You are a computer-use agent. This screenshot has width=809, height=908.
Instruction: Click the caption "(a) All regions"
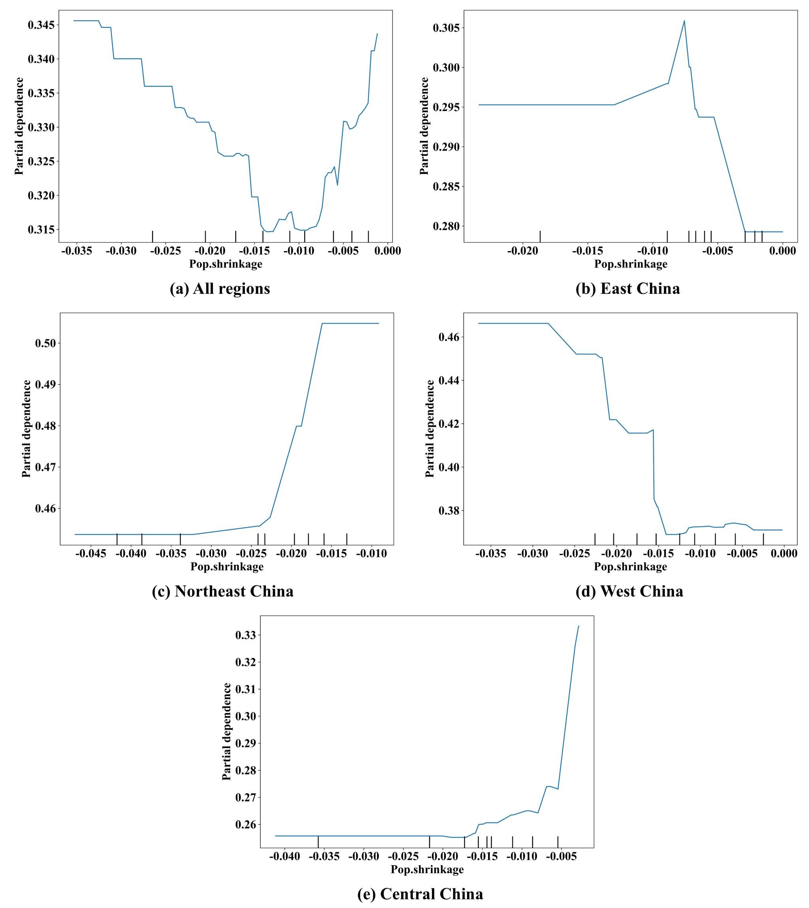pyautogui.click(x=220, y=289)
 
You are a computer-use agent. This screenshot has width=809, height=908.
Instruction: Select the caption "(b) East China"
pyautogui.click(x=628, y=289)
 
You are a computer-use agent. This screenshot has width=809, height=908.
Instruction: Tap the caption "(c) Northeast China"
pyautogui.click(x=223, y=591)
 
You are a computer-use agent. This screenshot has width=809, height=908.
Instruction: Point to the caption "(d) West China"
pyautogui.click(x=629, y=591)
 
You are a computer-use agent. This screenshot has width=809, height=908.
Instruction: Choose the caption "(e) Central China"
pyautogui.click(x=420, y=894)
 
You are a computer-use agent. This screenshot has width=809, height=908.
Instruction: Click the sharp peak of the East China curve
pyautogui.click(x=684, y=21)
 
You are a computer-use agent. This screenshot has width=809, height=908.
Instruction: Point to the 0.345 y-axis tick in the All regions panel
pyautogui.click(x=41, y=25)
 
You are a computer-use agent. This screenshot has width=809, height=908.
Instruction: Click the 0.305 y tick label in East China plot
pyautogui.click(x=446, y=28)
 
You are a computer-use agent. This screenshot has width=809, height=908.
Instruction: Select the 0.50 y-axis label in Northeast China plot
pyautogui.click(x=46, y=343)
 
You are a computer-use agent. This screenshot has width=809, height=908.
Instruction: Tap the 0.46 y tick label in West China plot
pyautogui.click(x=450, y=337)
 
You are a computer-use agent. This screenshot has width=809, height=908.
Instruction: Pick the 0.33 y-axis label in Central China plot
pyautogui.click(x=246, y=635)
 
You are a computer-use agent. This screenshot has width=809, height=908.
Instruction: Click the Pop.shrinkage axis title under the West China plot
pyautogui.click(x=630, y=566)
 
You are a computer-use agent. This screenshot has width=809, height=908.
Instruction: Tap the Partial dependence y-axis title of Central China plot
pyautogui.click(x=227, y=731)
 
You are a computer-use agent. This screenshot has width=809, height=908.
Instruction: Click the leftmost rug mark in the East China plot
pyautogui.click(x=540, y=236)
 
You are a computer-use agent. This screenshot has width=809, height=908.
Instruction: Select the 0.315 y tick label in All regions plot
pyautogui.click(x=41, y=230)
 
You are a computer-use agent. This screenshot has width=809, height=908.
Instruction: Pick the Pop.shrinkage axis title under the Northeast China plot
pyautogui.click(x=227, y=566)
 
